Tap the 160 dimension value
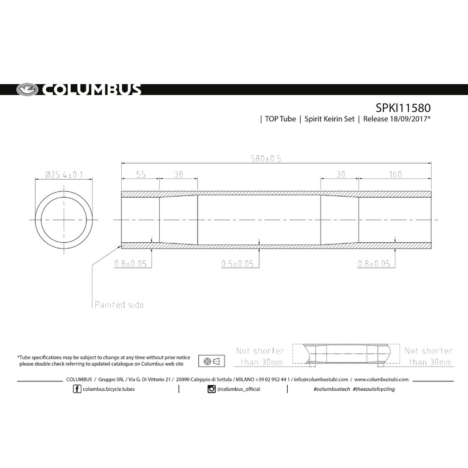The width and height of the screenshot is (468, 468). [x=395, y=174]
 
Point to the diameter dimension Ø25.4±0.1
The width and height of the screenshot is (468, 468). [x=64, y=174]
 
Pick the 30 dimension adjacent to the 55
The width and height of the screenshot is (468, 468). [x=178, y=174]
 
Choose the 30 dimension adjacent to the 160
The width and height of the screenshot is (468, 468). [x=340, y=174]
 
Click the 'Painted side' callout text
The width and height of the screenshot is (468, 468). [x=119, y=305]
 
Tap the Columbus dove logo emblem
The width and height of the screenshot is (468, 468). [x=26, y=90]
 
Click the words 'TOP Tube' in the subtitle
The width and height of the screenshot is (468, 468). [x=280, y=119]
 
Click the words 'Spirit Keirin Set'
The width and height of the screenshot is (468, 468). [x=331, y=119]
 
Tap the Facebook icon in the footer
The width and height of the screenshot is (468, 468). [x=77, y=389]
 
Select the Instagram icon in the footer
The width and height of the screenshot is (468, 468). [x=211, y=389]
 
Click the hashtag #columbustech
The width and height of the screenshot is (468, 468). [x=332, y=389]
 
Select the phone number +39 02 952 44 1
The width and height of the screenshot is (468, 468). [x=266, y=379]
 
